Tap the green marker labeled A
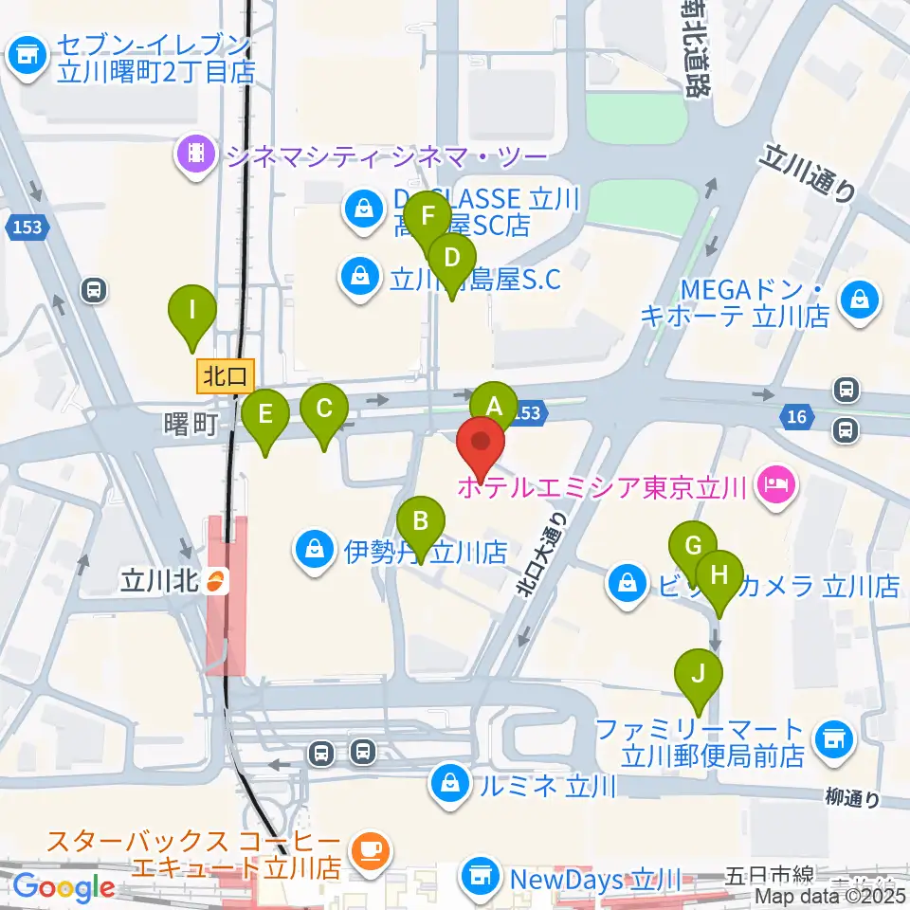494,407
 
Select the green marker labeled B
420,521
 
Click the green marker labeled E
265,414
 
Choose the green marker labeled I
192,310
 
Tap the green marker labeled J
699,674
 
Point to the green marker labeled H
719,575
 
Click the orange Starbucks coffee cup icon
368,849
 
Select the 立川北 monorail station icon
217,579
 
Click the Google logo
64,887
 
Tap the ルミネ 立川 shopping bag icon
448,783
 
